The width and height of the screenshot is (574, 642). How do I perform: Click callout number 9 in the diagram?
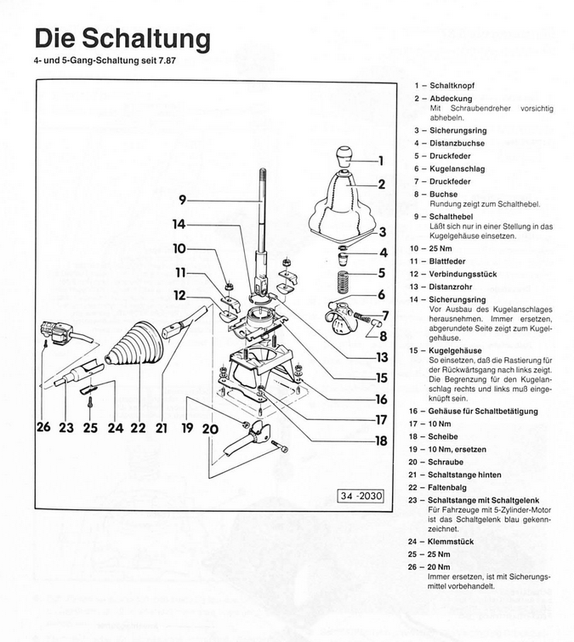182,200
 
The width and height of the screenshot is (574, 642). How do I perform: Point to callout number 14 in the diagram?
178,224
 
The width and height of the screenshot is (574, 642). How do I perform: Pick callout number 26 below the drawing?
44,428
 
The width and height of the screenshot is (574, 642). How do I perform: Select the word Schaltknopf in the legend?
452,86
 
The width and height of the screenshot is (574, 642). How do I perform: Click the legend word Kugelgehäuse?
457,349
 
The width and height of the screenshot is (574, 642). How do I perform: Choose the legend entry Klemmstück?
452,542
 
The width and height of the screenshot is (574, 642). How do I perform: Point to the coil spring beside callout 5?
344,281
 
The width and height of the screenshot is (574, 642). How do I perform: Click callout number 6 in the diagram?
381,294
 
